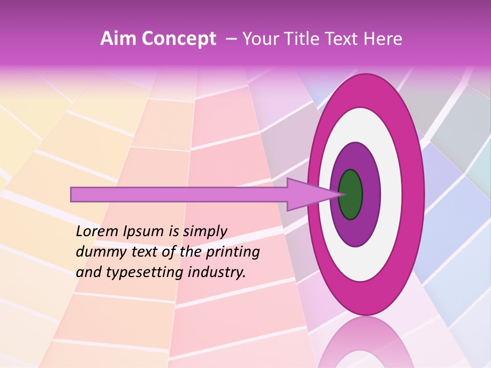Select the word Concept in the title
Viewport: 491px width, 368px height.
(178, 39)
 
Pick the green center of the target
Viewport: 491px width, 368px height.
(350, 195)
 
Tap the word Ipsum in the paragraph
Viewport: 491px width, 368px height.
(144, 232)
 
